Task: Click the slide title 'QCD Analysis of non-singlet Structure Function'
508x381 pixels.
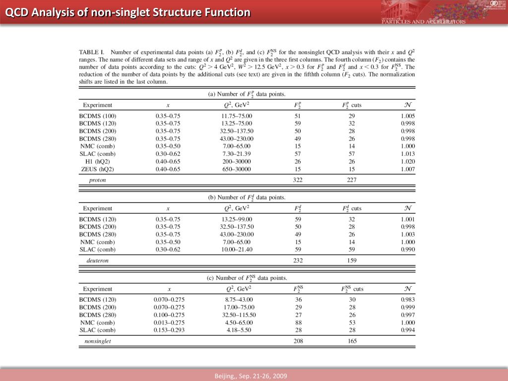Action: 128,12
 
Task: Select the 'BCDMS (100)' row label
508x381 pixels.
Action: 98,116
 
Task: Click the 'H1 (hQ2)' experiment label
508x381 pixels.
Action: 97,161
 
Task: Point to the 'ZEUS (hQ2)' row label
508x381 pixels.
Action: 98,169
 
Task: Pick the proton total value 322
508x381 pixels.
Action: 298,180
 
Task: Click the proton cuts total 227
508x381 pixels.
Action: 351,180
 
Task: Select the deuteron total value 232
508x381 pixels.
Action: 298,260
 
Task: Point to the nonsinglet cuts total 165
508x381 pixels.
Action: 351,341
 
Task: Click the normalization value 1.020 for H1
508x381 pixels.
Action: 408,161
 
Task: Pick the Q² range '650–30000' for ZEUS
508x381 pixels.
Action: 237,169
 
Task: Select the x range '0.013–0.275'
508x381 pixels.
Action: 169,322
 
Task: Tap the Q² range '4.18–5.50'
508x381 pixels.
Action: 237,330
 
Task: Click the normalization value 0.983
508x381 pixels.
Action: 408,299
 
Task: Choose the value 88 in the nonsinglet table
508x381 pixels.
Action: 298,322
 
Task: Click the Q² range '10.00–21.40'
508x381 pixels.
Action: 237,250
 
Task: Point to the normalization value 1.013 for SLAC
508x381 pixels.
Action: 408,154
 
